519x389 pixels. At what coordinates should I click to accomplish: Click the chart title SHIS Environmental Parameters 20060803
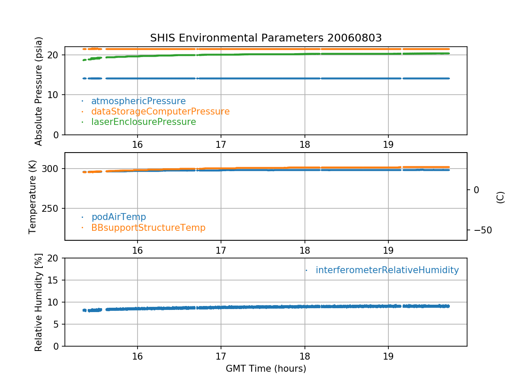266,38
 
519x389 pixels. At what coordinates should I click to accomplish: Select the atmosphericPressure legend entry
138,101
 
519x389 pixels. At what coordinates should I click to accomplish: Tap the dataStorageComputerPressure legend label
160,112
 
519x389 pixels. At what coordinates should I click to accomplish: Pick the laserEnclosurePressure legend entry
144,122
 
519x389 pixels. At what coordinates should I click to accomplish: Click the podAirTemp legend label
119,217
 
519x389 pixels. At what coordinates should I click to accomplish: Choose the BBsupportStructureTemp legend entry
148,227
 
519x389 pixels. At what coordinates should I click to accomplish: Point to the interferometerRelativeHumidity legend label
387,270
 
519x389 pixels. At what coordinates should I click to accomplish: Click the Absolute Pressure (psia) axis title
39,91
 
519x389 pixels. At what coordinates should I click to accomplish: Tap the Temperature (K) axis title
33,197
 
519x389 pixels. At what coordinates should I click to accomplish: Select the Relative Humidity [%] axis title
39,303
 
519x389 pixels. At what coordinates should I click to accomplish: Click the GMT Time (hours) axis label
266,369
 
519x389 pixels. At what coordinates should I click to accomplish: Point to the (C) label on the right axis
500,197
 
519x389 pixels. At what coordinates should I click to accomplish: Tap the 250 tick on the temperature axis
51,208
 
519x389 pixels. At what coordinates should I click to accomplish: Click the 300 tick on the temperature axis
51,169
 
